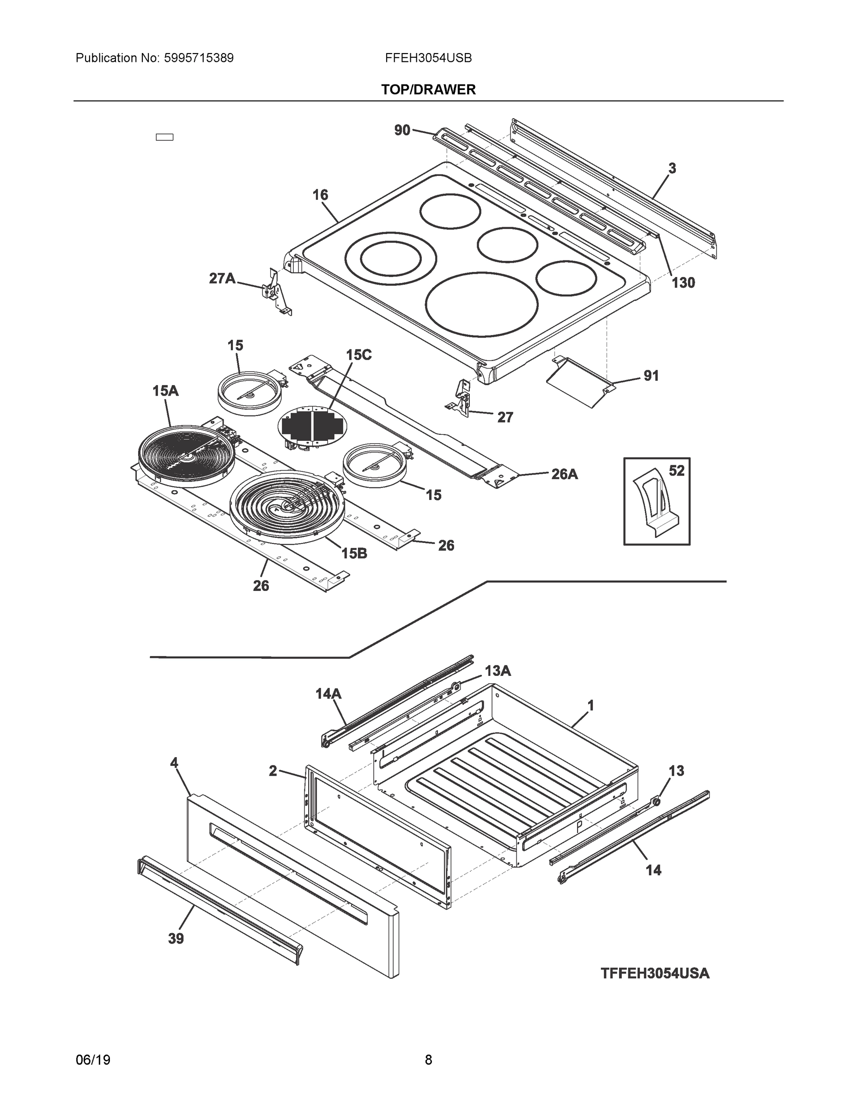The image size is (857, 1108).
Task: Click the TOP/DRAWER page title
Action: pos(428,90)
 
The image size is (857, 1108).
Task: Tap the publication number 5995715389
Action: pos(199,58)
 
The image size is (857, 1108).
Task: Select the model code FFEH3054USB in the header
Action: pos(428,58)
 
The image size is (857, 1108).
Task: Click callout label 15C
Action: pos(359,355)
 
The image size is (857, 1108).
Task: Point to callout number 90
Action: pos(402,130)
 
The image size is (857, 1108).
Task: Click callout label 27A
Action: pos(222,278)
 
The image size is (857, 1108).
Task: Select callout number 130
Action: pos(683,283)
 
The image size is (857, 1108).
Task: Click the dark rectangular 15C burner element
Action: pos(311,424)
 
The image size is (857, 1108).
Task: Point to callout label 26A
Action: pos(564,474)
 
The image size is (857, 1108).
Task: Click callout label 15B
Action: pos(354,553)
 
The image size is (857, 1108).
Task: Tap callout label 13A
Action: pos(497,671)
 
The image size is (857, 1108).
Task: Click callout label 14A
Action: pos(328,693)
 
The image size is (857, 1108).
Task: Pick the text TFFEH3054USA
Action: pos(655,974)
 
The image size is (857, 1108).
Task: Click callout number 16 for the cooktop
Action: pos(320,195)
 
